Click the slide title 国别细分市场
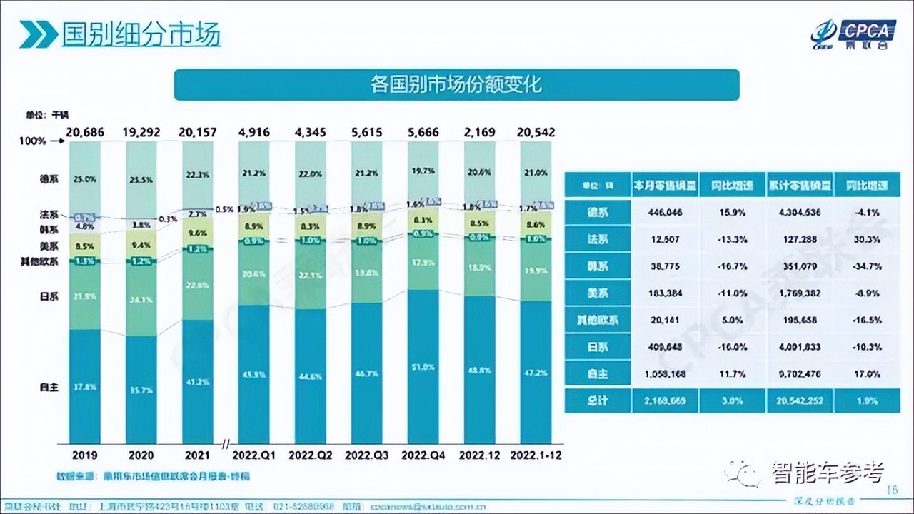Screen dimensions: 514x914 tap(141, 34)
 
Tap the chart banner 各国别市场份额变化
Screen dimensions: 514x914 tap(457, 84)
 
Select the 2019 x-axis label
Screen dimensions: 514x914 tap(85, 454)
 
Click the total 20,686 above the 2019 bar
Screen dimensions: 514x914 tap(85, 132)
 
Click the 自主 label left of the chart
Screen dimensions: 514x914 tap(49, 387)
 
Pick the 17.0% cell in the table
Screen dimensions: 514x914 tap(867, 373)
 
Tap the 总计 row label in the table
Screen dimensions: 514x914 tap(598, 400)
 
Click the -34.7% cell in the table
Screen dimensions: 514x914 tap(867, 266)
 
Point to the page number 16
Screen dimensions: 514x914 tap(890, 490)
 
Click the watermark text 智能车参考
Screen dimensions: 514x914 tap(827, 472)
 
